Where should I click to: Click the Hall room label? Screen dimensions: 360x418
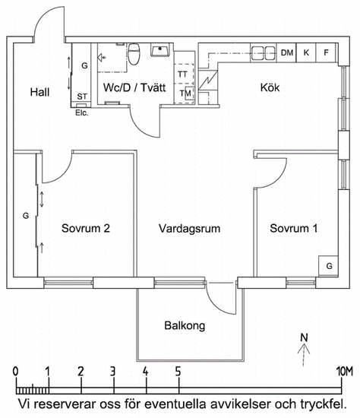[39, 92]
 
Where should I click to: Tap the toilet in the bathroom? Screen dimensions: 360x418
[134, 54]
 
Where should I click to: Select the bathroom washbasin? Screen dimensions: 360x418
[160, 50]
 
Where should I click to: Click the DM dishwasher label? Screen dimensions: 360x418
[287, 52]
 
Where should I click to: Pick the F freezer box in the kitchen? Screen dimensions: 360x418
[326, 52]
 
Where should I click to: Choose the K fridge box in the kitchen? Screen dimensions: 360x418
[306, 52]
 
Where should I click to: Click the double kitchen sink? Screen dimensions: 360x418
[264, 53]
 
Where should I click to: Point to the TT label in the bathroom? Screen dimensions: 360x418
[182, 74]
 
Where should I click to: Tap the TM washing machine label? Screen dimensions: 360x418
[185, 93]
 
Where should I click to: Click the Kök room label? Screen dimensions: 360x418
[270, 87]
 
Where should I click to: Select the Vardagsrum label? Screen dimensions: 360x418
[189, 229]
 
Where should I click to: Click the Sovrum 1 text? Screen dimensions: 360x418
[293, 229]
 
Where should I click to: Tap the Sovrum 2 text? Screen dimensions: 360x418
[86, 229]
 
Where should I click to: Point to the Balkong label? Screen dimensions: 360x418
[185, 326]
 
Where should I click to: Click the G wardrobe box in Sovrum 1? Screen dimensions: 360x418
[329, 266]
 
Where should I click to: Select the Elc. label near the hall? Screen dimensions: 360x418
[81, 112]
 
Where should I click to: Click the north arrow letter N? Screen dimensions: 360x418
[304, 337]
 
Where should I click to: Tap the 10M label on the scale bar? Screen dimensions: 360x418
[345, 371]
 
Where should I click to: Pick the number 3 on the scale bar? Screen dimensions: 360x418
[113, 371]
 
